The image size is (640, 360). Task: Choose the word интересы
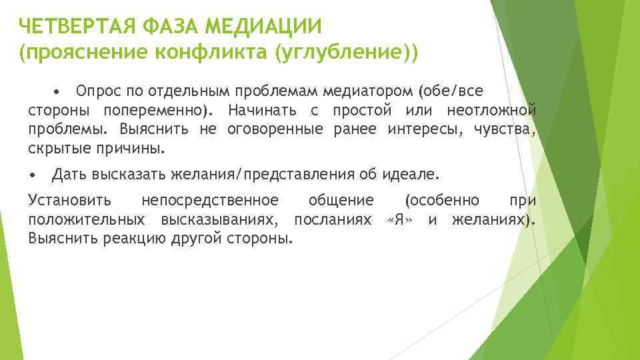point(423,129)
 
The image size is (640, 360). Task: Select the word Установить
point(70,200)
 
